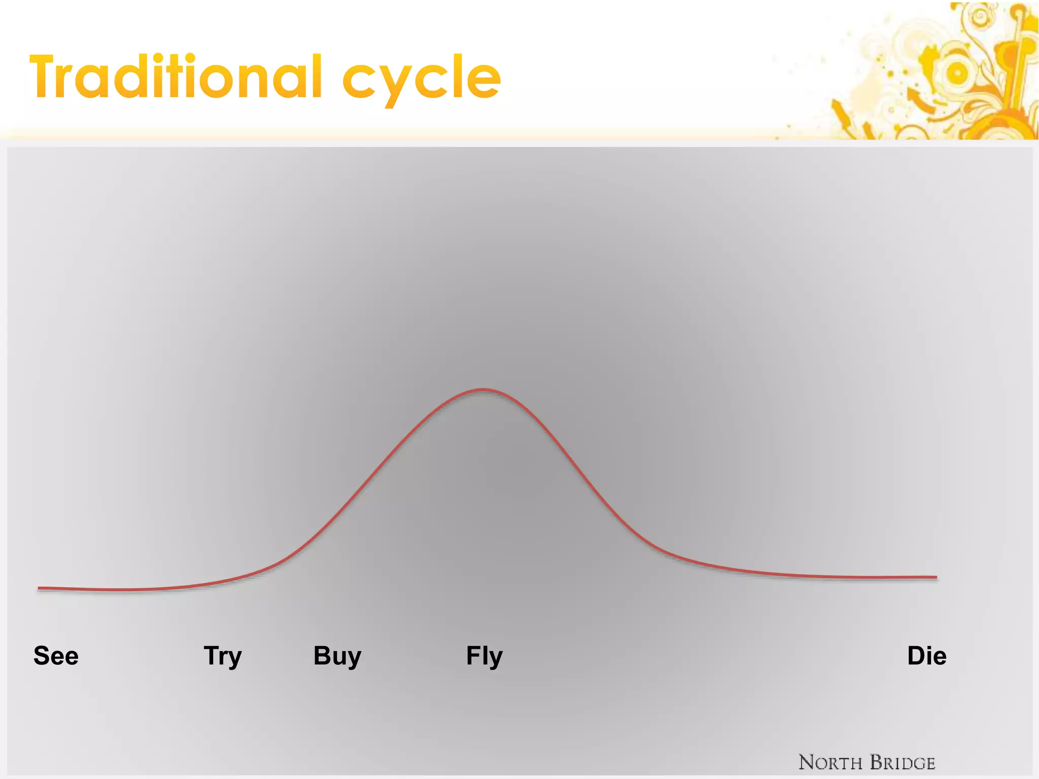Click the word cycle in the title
pyautogui.click(x=422, y=79)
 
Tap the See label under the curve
pyautogui.click(x=56, y=656)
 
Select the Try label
pyautogui.click(x=223, y=656)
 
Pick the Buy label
pyautogui.click(x=337, y=656)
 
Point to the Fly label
pyautogui.click(x=484, y=656)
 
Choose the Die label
pyautogui.click(x=926, y=656)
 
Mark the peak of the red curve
pyautogui.click(x=483, y=389)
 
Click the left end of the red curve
pyautogui.click(x=40, y=588)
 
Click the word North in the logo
pyautogui.click(x=830, y=763)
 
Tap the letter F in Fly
pyautogui.click(x=472, y=655)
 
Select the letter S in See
pyautogui.click(x=42, y=656)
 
